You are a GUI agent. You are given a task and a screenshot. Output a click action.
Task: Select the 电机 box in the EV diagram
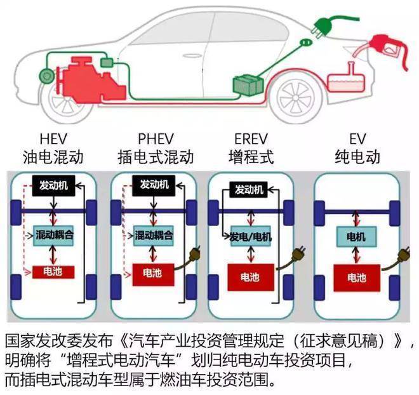click(356, 236)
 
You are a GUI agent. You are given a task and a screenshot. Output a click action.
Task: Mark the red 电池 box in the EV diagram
click(356, 278)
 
